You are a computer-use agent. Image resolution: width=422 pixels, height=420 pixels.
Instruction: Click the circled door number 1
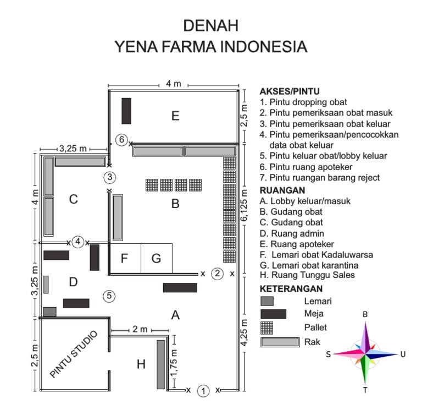(x=203, y=390)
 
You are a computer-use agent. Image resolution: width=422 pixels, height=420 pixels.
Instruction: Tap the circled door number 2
(x=218, y=273)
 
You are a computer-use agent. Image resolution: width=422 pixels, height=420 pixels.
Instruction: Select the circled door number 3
(x=110, y=177)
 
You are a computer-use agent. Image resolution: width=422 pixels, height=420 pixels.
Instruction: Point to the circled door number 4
(x=78, y=242)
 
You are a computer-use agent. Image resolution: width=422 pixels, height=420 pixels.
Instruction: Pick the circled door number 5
(x=110, y=296)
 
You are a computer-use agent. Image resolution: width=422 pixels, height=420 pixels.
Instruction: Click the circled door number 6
(x=122, y=140)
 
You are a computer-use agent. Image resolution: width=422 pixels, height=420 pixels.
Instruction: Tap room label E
(x=175, y=116)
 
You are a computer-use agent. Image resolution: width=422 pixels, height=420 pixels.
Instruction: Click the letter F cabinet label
(x=125, y=258)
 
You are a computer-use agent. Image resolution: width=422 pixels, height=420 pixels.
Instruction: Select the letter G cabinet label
(x=156, y=258)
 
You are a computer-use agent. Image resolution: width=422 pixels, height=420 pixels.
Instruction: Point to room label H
(x=141, y=364)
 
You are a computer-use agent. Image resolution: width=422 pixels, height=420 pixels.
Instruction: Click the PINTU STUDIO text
(x=74, y=354)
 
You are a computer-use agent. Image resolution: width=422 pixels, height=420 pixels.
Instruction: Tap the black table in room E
(x=126, y=111)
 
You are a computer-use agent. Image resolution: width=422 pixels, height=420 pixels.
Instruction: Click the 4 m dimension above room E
(x=173, y=84)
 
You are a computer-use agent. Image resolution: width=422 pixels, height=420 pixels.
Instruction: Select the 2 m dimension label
(x=140, y=329)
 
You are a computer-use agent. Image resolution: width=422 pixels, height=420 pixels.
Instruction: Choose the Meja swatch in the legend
(x=273, y=314)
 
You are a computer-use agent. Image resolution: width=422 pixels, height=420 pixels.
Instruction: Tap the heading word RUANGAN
(x=279, y=190)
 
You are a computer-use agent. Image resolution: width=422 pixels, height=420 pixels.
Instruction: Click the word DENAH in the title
(x=210, y=26)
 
